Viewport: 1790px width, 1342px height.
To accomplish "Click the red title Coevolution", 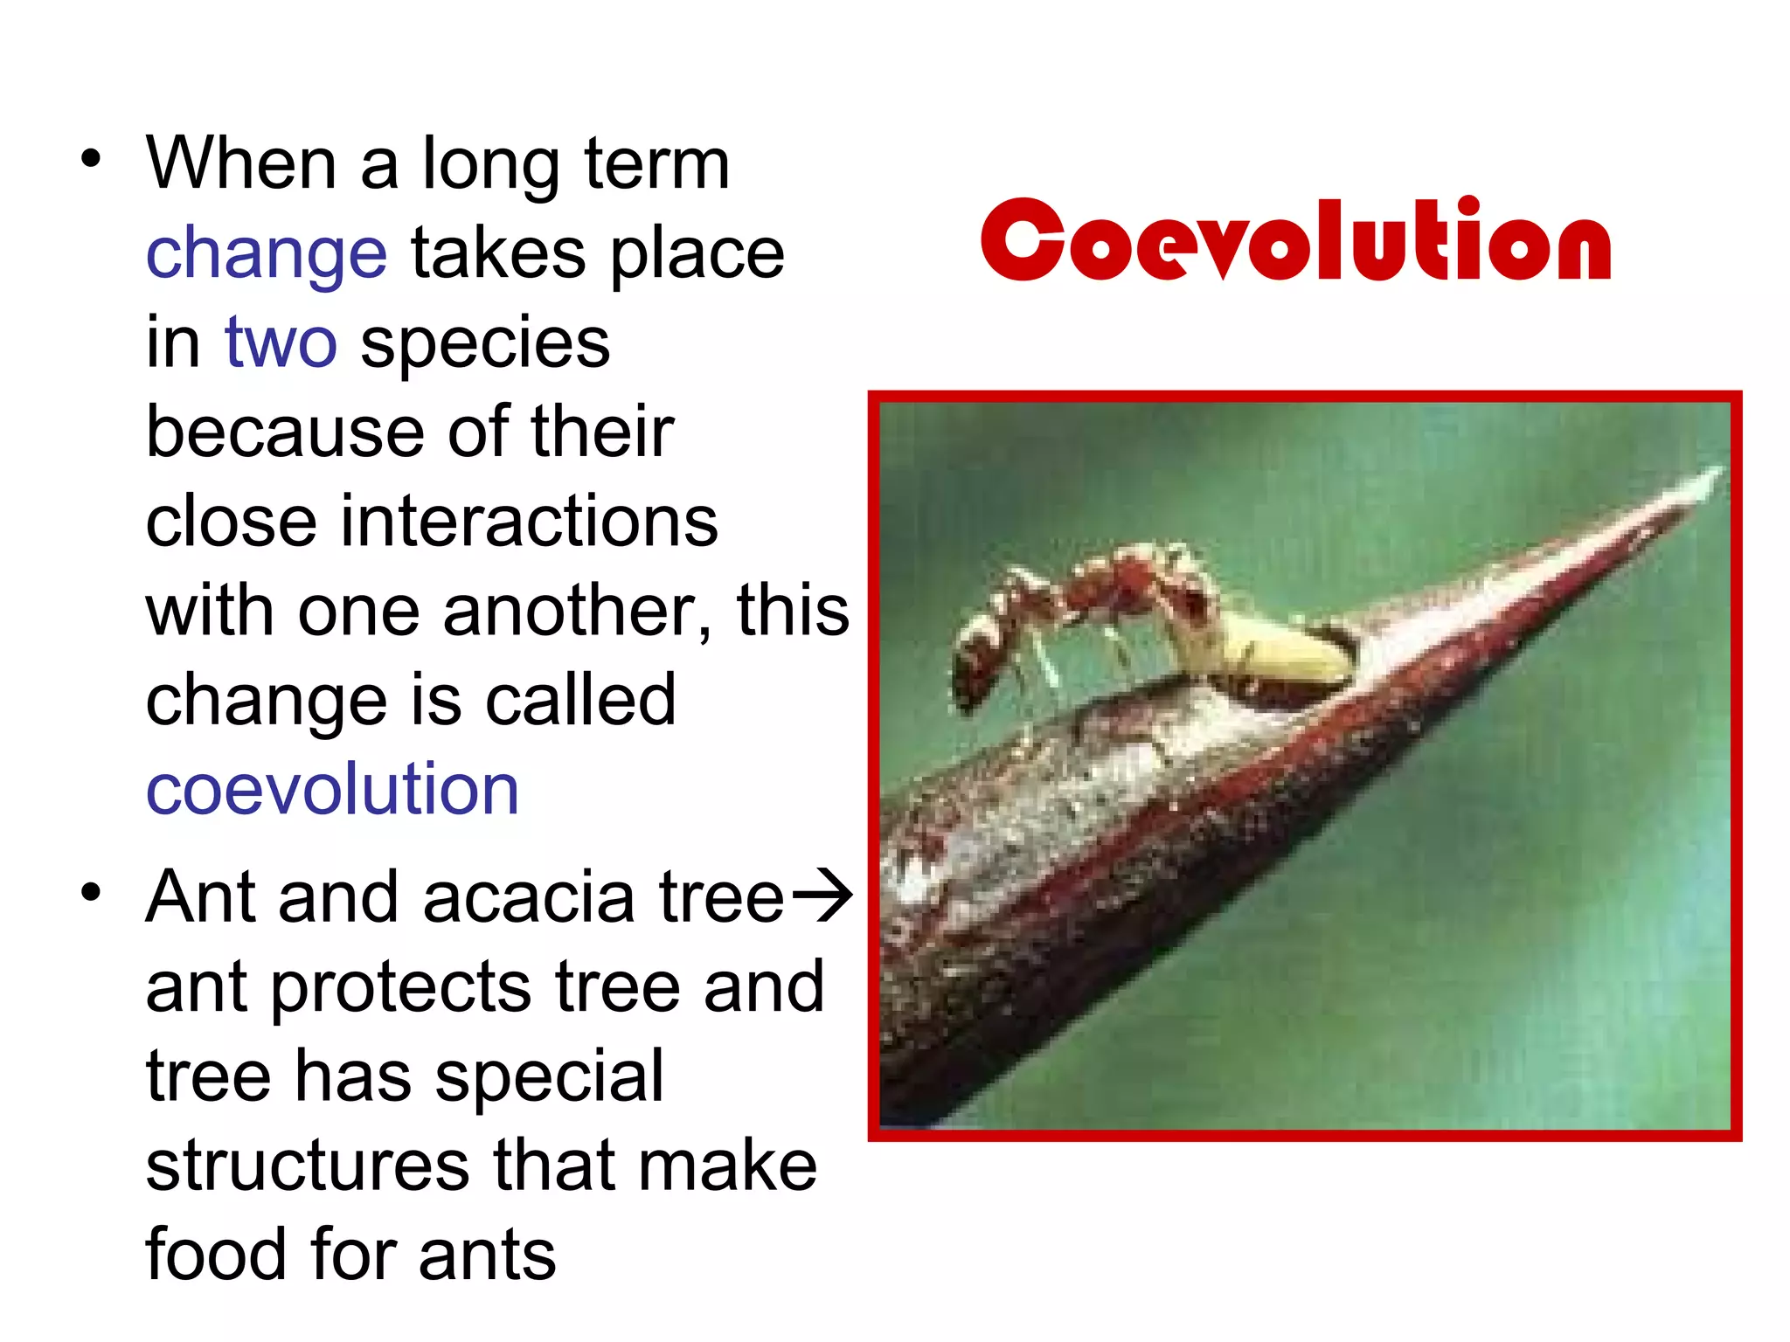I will (x=1295, y=239).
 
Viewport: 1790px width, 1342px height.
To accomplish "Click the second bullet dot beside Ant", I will (x=91, y=893).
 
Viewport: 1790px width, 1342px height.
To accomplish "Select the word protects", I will (x=400, y=988).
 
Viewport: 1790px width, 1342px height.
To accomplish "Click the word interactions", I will (x=528, y=522).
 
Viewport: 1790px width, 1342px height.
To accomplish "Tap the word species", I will (x=485, y=343).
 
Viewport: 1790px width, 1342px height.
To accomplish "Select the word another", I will (x=577, y=611).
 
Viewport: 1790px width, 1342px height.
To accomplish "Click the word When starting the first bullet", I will (x=241, y=163).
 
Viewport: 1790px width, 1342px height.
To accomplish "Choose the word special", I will (x=550, y=1076).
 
